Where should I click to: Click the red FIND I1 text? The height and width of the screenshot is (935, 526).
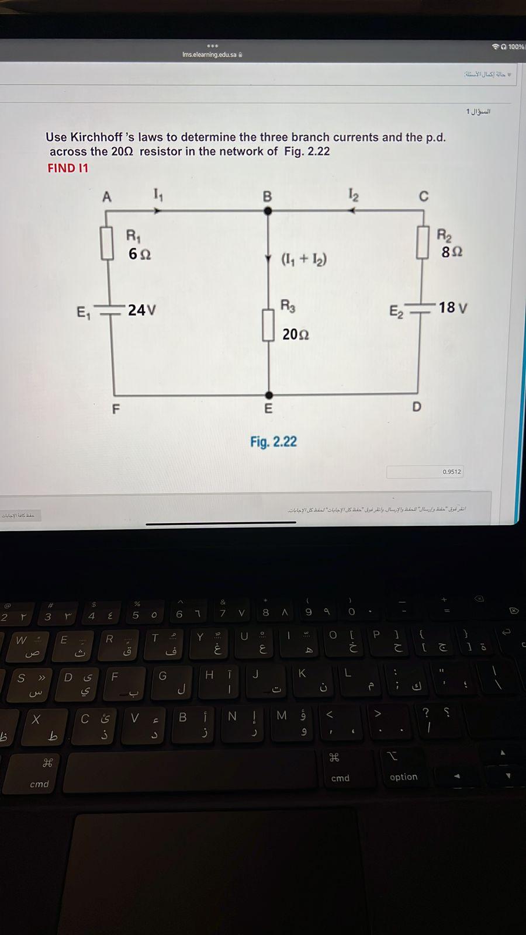(x=68, y=168)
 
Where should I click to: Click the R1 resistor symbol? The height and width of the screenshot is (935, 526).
(x=106, y=243)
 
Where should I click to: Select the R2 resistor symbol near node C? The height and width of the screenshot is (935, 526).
(x=423, y=243)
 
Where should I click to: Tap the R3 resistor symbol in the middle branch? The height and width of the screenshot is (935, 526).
(x=268, y=325)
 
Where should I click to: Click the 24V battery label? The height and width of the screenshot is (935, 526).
(x=141, y=310)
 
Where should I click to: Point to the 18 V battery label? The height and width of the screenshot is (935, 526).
(x=452, y=307)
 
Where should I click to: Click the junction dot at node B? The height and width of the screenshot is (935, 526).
(x=268, y=211)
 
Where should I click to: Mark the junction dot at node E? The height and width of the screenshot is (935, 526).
(x=268, y=395)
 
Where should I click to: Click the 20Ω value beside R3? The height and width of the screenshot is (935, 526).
(x=296, y=334)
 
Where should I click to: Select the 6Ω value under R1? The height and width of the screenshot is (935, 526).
(x=140, y=254)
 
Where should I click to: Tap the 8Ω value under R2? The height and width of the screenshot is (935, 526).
(x=452, y=252)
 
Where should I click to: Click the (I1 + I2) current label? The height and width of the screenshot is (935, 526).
(x=304, y=259)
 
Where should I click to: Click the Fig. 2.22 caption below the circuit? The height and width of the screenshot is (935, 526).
(x=274, y=442)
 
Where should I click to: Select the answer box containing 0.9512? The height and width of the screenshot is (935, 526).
(x=425, y=472)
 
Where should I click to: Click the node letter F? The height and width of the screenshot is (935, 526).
(x=116, y=409)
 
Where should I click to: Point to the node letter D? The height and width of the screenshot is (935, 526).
(x=416, y=407)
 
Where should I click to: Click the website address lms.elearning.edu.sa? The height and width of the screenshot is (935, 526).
(x=209, y=55)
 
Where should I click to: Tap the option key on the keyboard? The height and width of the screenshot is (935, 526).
(x=403, y=777)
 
